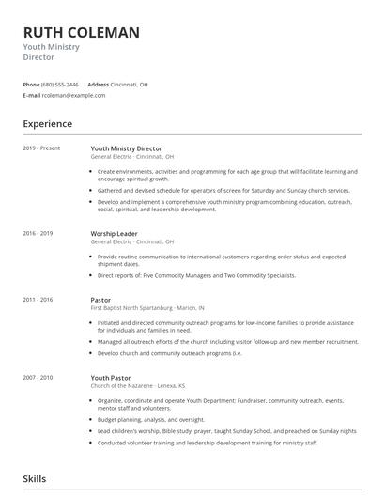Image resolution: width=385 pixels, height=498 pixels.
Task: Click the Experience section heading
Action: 48,123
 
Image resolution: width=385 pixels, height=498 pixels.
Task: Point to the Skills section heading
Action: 35,479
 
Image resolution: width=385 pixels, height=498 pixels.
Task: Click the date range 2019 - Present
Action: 41,148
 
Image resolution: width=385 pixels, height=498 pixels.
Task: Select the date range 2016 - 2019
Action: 38,232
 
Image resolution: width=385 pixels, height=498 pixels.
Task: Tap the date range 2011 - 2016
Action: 38,299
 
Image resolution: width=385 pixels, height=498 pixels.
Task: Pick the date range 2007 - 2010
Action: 38,376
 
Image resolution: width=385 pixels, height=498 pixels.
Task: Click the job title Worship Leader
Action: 114,232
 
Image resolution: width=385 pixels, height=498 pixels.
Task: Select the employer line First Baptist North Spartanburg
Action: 147,306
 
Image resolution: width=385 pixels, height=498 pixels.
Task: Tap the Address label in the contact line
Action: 99,84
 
